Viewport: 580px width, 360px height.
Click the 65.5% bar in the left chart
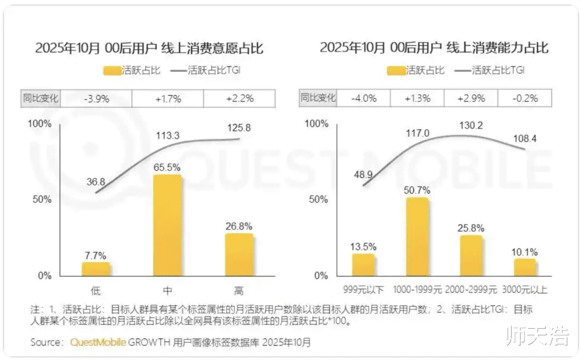pos(167,225)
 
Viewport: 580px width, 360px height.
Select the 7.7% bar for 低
pos(96,269)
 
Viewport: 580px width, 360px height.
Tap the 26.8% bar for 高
pos(239,255)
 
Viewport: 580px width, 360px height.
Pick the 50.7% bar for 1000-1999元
pos(417,237)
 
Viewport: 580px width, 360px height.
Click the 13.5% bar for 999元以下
pos(363,265)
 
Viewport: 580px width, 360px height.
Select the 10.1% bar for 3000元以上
pos(524,267)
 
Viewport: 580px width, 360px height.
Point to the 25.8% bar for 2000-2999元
pos(471,256)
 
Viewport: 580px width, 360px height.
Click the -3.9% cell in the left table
pos(96,98)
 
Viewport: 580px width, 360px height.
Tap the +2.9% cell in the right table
pos(471,98)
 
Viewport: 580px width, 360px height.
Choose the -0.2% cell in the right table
pos(524,98)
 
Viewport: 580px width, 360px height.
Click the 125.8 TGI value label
pos(239,128)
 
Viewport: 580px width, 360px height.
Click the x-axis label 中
pos(168,291)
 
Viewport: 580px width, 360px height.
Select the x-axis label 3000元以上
pos(525,291)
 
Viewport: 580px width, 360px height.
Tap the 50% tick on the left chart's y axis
pos(41,199)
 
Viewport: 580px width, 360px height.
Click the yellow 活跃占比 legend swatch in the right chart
pos(396,71)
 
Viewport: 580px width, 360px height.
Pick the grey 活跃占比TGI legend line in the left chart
pos(178,71)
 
